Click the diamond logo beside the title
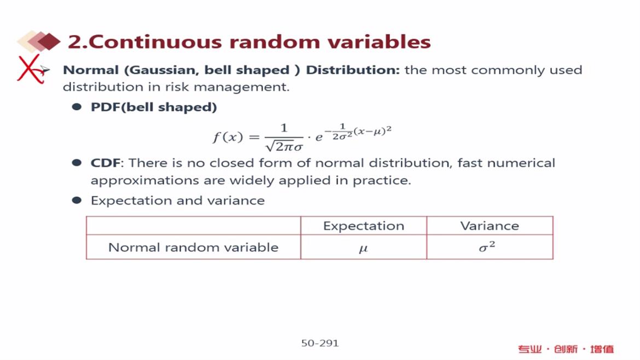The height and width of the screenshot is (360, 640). (39, 41)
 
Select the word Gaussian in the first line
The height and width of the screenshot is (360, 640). (165, 70)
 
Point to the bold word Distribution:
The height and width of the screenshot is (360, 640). (353, 70)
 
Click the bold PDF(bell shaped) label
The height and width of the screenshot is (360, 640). (154, 107)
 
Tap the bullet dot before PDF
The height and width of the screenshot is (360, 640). (77, 107)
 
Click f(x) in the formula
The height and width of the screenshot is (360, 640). (228, 136)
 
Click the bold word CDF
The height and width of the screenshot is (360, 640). (106, 163)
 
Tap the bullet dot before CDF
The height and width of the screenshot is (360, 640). (77, 163)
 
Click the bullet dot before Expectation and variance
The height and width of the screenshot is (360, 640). (77, 200)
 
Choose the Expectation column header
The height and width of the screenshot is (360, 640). (364, 226)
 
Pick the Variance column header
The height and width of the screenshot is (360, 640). (490, 226)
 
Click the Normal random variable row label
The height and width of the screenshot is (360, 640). (194, 247)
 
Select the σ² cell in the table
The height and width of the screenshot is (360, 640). (487, 247)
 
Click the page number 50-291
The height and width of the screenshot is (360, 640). (320, 343)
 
